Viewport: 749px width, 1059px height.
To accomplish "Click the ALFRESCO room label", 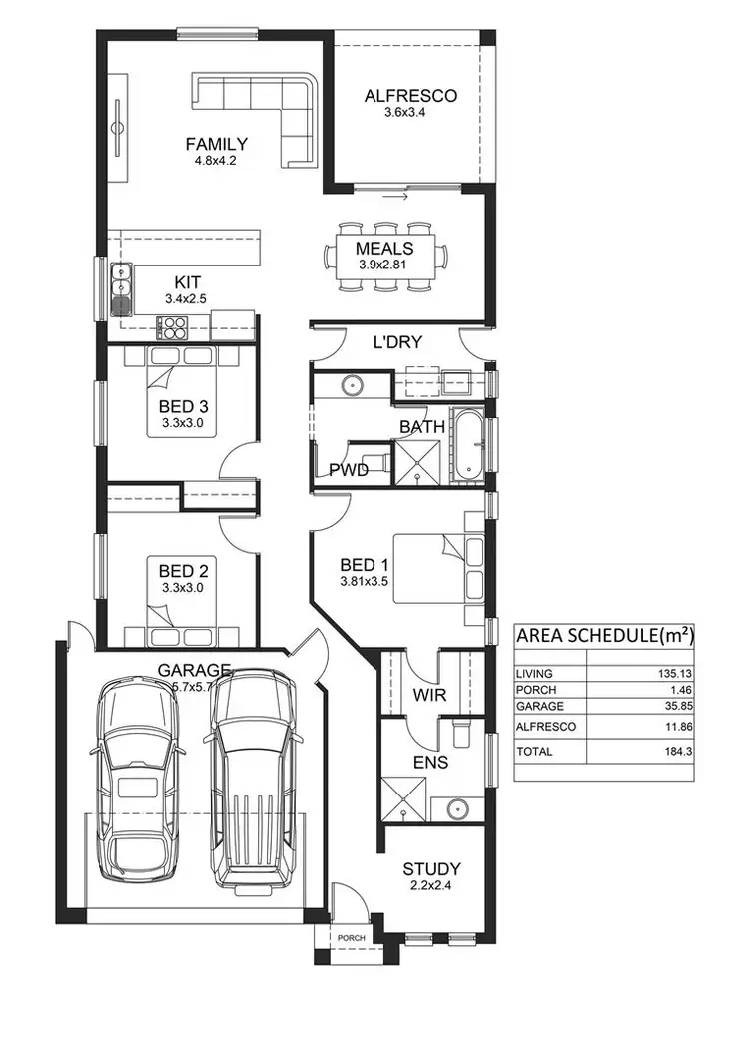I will coord(410,96).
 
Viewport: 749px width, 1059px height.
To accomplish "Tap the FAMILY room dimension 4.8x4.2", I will coord(216,160).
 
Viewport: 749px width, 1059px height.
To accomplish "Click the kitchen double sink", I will coord(121,287).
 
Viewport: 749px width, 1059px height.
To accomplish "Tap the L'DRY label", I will coord(397,342).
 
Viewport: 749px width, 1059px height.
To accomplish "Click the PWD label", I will coord(349,469).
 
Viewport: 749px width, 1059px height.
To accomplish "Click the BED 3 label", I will coord(183,406).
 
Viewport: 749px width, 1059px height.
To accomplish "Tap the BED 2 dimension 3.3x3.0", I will coord(183,588).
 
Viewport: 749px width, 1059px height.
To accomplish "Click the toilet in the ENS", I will coord(460,734).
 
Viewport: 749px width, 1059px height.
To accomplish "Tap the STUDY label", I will coord(431,869).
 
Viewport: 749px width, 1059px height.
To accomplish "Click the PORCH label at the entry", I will coord(351,938).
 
